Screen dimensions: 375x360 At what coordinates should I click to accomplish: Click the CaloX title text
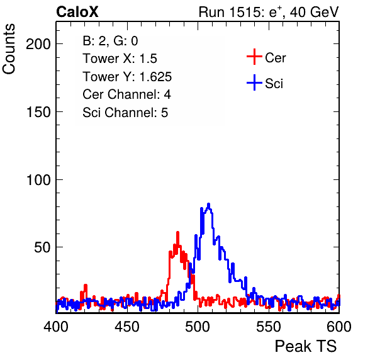(77, 12)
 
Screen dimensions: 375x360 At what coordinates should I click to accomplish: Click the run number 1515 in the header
(244, 12)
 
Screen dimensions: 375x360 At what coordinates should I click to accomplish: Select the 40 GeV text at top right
(314, 12)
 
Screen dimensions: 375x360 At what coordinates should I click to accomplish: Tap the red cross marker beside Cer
(254, 57)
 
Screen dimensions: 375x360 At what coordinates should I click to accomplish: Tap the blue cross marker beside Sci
(254, 82)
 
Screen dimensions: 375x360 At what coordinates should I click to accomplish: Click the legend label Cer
(275, 58)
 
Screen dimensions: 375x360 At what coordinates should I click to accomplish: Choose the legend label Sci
(274, 84)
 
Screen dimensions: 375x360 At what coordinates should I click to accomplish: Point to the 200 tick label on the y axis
(38, 44)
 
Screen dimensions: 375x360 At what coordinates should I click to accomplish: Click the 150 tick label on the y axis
(38, 112)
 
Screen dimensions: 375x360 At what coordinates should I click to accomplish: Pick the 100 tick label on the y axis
(38, 180)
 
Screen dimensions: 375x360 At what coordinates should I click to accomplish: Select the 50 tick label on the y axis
(42, 247)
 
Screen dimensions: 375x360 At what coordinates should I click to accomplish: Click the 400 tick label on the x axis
(56, 327)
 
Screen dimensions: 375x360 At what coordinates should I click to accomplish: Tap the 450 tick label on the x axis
(126, 327)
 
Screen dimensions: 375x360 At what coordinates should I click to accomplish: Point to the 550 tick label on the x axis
(268, 327)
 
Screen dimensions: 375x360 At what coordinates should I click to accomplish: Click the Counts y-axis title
(9, 49)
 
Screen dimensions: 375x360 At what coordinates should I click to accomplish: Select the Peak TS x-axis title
(306, 346)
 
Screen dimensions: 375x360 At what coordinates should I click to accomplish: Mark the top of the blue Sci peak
(208, 204)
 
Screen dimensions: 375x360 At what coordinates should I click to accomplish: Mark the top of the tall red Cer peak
(177, 232)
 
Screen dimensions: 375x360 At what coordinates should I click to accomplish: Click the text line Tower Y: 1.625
(127, 77)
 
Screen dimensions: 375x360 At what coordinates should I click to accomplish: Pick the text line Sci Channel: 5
(125, 113)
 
